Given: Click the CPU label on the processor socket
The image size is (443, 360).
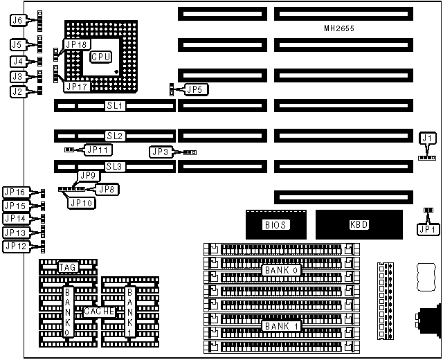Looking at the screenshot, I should [101, 56].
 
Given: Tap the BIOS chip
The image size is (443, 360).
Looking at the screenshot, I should [275, 224].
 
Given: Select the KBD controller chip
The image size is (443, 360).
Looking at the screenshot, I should [359, 224].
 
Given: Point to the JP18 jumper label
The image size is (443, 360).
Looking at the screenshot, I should [76, 44].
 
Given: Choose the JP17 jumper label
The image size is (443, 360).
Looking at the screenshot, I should [76, 87].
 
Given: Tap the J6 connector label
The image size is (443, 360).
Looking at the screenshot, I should [19, 21].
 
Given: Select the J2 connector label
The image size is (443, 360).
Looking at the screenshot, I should [19, 91].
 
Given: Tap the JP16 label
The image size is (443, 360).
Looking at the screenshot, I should [15, 192].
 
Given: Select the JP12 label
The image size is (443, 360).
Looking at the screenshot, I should [15, 246].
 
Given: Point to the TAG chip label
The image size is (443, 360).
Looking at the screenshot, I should [67, 267].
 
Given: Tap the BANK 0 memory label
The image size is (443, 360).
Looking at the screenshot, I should [279, 270].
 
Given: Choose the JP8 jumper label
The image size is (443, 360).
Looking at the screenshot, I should [107, 188].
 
